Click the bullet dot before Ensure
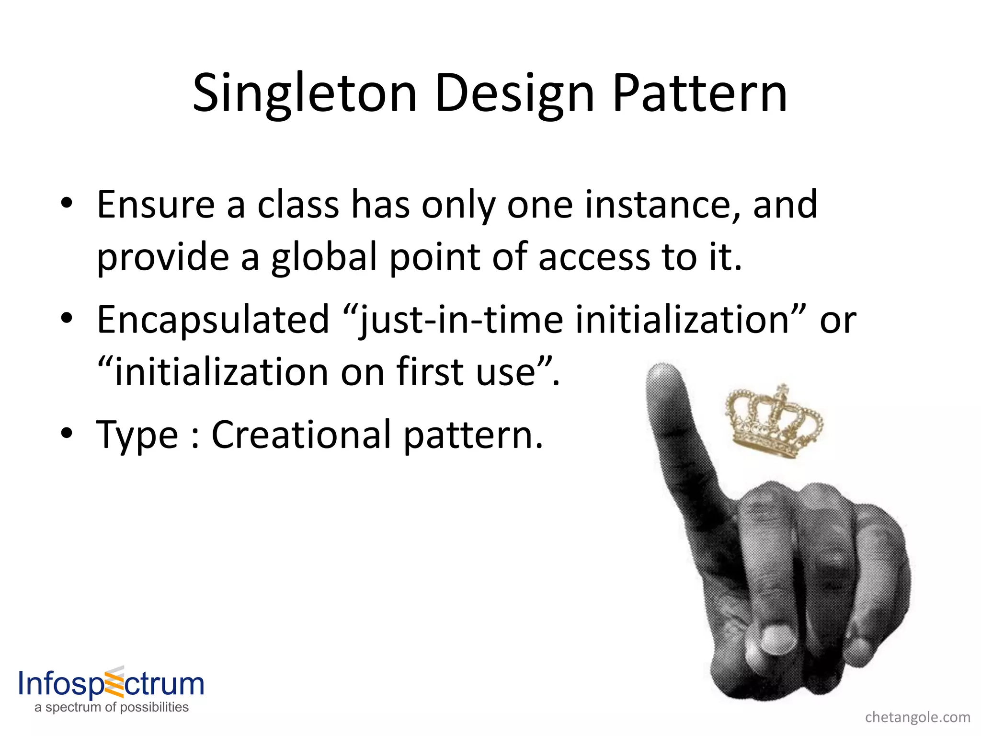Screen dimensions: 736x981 (67, 204)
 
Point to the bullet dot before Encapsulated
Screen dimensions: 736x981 (67, 319)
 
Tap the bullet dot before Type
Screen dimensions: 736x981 (67, 434)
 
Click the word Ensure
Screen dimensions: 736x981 (156, 205)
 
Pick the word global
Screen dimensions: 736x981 (324, 258)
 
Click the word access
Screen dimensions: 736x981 (594, 258)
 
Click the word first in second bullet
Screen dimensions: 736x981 (433, 372)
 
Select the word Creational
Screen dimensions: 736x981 (301, 435)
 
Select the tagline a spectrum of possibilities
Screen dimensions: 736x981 (112, 707)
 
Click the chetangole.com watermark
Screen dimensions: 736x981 (917, 717)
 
